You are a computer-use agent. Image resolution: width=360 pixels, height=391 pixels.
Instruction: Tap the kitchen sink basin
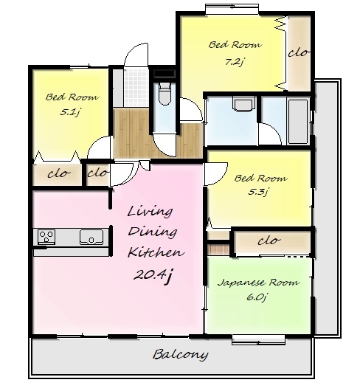click(91, 237)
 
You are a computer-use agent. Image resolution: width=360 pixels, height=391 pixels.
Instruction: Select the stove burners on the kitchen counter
click(46, 237)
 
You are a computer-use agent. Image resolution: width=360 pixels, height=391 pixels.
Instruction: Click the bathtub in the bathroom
click(298, 122)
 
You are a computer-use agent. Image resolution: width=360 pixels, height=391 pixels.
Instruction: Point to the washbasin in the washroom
click(244, 103)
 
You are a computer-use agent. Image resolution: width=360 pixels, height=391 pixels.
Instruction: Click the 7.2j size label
click(234, 62)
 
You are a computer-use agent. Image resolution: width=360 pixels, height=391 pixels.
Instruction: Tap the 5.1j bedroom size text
click(70, 112)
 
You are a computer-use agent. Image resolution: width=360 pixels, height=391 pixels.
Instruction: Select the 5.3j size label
click(257, 192)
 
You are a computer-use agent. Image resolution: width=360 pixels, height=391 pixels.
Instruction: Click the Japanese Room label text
click(257, 283)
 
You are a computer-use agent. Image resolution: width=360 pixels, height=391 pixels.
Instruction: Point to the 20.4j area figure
click(153, 276)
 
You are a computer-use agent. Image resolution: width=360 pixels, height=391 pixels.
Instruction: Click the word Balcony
click(180, 355)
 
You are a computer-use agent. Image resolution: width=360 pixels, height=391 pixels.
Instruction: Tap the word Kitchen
click(156, 252)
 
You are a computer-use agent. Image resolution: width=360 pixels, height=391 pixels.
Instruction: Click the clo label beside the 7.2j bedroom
click(298, 53)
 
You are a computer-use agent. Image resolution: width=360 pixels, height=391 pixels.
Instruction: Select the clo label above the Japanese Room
click(269, 241)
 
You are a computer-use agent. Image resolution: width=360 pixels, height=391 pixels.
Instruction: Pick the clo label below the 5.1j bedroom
click(59, 173)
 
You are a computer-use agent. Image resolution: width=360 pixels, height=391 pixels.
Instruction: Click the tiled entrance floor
click(136, 88)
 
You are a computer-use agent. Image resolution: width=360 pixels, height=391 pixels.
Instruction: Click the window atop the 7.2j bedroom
click(232, 10)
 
